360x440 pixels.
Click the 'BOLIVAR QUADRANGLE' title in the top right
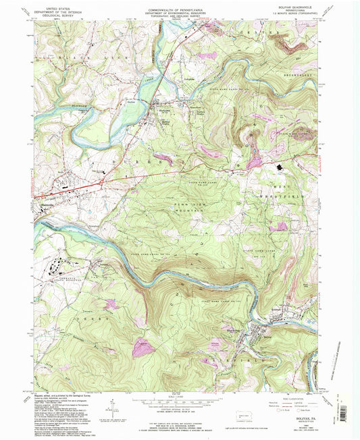tap(294, 8)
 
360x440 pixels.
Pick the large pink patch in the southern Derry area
tap(145, 348)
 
